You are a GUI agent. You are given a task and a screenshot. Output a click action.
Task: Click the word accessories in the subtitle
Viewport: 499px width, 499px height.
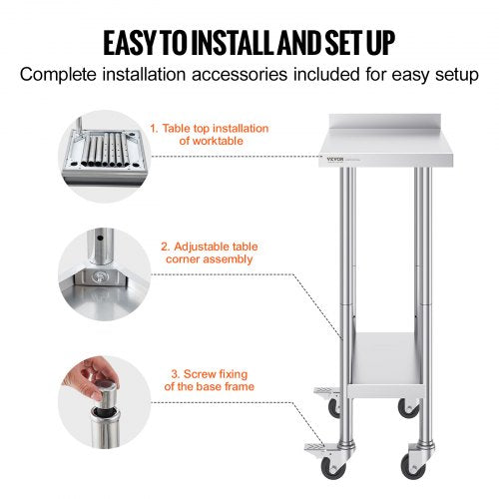click(234, 75)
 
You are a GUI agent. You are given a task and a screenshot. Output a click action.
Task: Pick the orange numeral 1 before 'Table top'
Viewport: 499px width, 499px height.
click(153, 129)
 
